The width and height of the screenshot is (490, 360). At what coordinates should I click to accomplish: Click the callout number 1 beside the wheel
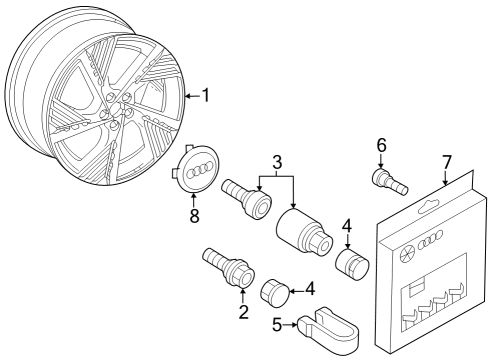point(206,95)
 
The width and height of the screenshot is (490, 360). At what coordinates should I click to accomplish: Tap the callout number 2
point(244,311)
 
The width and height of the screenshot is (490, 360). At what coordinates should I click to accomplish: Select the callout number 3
point(277,162)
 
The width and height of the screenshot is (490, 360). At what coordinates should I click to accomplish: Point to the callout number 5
point(277,325)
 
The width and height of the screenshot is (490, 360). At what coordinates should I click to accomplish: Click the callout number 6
point(381,145)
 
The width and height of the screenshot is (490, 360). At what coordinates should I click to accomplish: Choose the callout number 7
point(447,162)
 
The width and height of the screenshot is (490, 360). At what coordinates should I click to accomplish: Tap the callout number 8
point(194,215)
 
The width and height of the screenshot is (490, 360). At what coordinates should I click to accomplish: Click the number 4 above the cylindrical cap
point(347,226)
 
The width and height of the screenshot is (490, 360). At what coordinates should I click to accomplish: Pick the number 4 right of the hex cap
point(310,289)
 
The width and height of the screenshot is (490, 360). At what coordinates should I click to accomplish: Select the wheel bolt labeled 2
point(229,267)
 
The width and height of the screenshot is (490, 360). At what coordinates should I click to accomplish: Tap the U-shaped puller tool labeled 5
point(328,329)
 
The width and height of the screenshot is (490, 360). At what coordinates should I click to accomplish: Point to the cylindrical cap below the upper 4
point(352,265)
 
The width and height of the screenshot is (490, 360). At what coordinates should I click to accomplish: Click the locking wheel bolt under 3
point(247,199)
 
